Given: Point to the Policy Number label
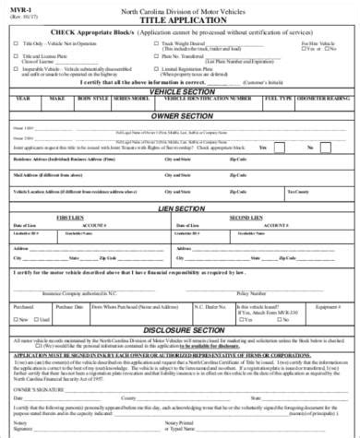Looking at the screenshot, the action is click(249, 293).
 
